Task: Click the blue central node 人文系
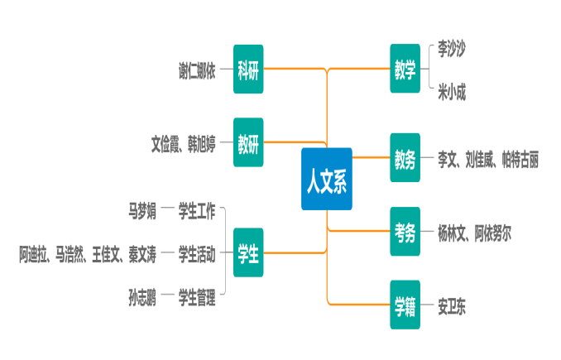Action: click(x=327, y=179)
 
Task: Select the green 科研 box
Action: click(x=248, y=70)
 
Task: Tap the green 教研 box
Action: click(x=248, y=142)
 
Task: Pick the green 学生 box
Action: click(x=248, y=252)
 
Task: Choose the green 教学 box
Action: click(x=405, y=70)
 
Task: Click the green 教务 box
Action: click(x=405, y=157)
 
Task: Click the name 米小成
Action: click(x=452, y=91)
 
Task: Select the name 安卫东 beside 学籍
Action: click(x=452, y=306)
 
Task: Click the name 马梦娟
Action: click(x=142, y=210)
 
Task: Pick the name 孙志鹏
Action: click(x=142, y=295)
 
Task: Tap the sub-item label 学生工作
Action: click(x=197, y=210)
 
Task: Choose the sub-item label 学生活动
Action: click(x=197, y=253)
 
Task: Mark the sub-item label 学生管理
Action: click(x=197, y=295)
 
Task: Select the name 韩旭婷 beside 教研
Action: click(x=201, y=143)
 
